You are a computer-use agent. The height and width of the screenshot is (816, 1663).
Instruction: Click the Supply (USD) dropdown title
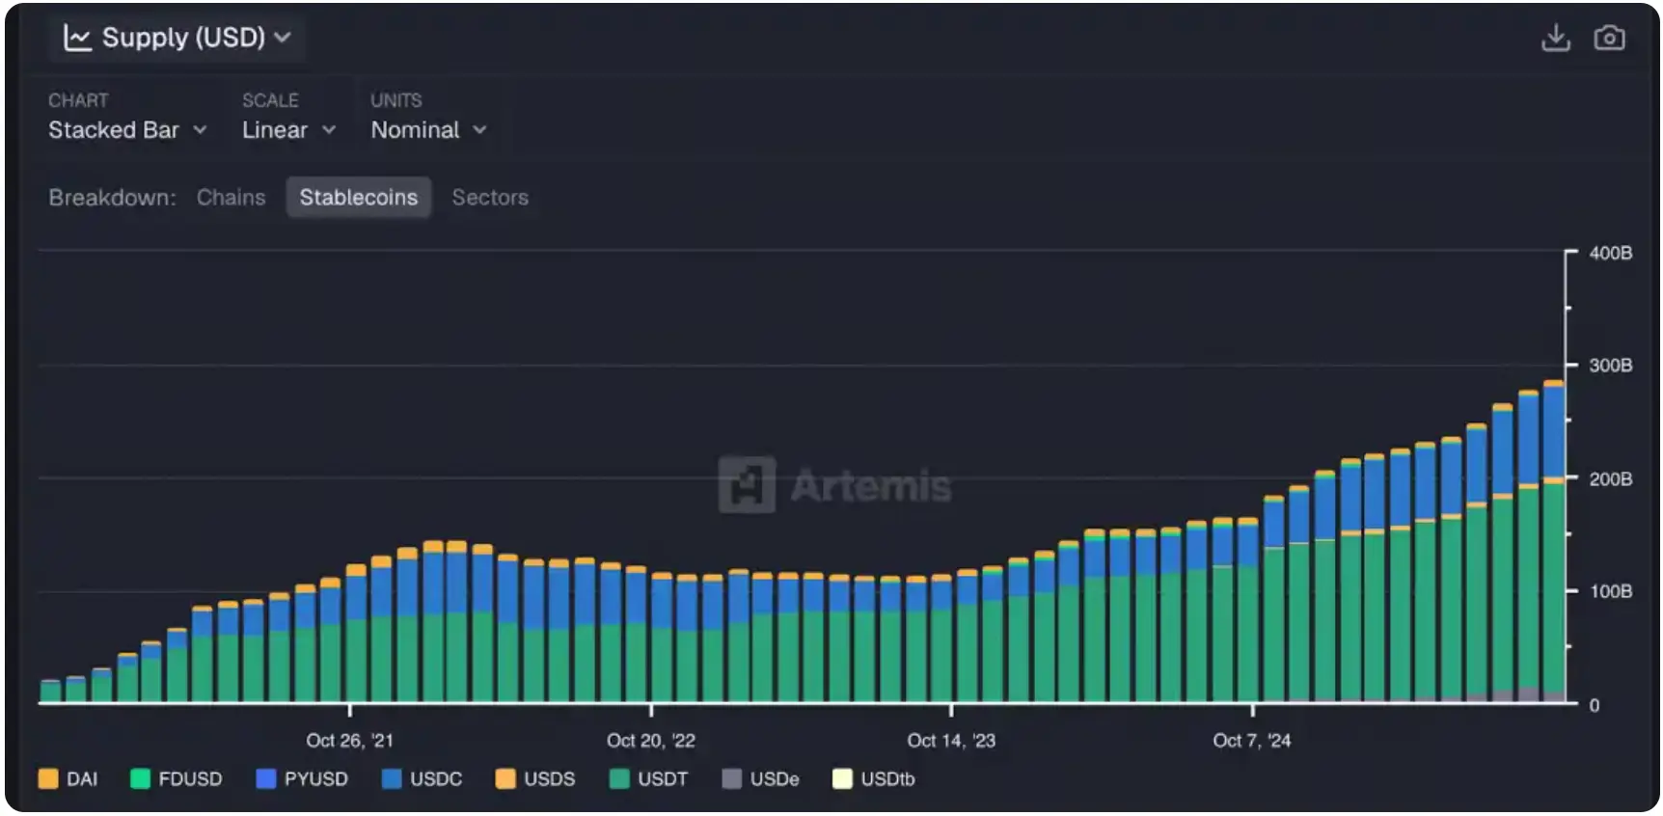(x=177, y=38)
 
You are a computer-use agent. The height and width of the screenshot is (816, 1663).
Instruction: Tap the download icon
(x=1555, y=38)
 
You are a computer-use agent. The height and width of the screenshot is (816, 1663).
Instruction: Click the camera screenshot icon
(x=1609, y=38)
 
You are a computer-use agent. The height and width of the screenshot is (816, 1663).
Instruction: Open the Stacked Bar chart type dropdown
(x=127, y=130)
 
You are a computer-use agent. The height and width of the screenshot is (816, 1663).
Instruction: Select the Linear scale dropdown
(x=287, y=130)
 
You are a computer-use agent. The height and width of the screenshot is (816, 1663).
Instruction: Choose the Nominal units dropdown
(x=428, y=130)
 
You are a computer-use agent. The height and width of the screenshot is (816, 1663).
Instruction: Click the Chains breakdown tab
(x=231, y=198)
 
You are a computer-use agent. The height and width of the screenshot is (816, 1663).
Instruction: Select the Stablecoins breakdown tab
(x=358, y=198)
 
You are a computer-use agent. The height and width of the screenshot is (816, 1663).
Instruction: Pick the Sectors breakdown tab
(x=490, y=198)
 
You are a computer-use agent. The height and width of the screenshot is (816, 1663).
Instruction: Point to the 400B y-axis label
(x=1610, y=253)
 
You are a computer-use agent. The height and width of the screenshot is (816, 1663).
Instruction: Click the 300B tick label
(x=1610, y=366)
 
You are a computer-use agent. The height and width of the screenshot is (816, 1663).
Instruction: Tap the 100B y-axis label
(x=1610, y=590)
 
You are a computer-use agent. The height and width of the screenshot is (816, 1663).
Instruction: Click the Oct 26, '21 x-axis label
(x=349, y=741)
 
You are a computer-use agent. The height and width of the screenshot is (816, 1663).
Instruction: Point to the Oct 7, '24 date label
(x=1251, y=741)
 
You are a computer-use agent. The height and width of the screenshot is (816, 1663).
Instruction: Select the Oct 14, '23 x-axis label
(x=951, y=741)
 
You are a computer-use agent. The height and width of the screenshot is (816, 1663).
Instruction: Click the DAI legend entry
(x=68, y=779)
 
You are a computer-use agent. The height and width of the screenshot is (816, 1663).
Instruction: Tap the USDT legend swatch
(x=619, y=779)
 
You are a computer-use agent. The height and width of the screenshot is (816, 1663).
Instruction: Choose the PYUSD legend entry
(x=302, y=779)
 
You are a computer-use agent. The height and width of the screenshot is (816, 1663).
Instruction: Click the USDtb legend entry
(x=874, y=779)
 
